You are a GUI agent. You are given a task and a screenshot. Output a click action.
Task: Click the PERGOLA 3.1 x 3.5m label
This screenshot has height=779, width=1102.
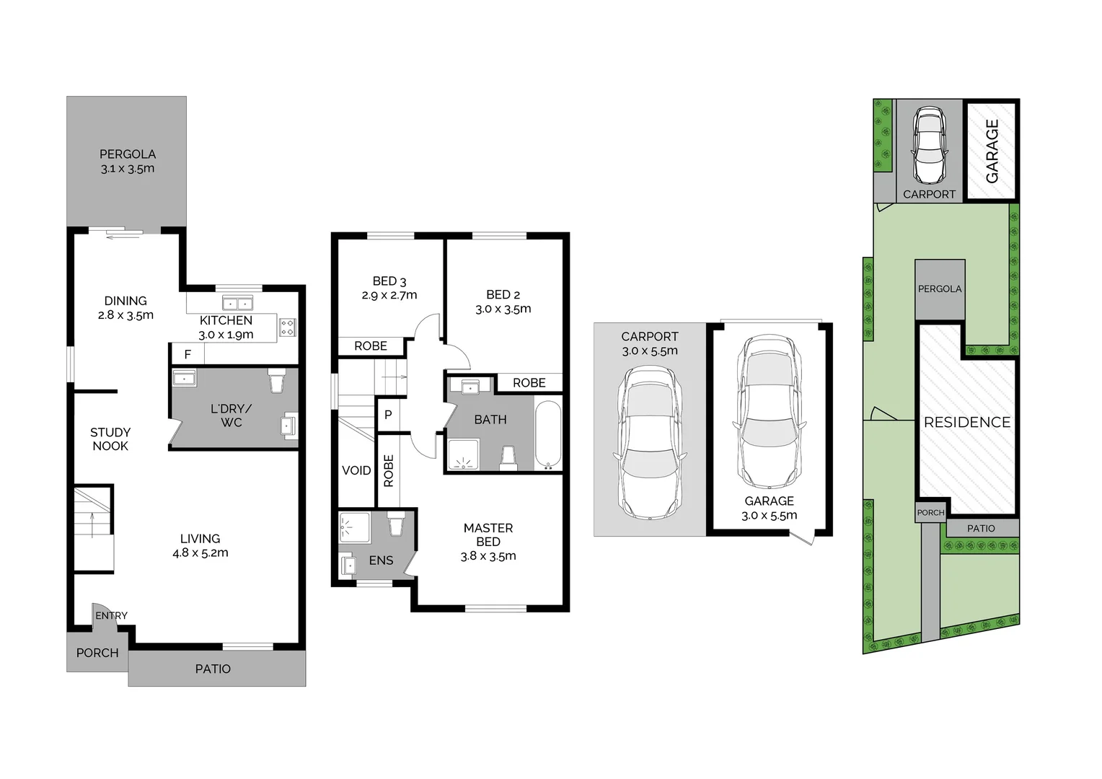point(127,162)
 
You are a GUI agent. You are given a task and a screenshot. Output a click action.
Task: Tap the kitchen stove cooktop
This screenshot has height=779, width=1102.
point(287,327)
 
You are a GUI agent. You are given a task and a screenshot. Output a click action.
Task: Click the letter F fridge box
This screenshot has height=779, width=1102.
point(188,354)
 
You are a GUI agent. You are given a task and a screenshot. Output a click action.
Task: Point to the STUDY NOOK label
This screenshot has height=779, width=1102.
point(110,439)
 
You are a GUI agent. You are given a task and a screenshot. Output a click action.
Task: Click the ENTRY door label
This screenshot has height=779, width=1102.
point(111,615)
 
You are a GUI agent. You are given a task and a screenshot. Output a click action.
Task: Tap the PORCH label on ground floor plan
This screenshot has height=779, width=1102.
point(97,653)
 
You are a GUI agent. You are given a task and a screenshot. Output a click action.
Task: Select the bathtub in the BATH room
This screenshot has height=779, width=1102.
point(547,435)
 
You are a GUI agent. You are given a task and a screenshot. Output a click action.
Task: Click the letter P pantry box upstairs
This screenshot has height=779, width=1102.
point(388,415)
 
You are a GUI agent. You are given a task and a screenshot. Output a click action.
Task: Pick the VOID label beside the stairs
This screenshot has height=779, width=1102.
point(356,470)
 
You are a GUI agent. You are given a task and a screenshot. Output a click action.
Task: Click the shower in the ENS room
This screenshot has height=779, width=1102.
point(354,527)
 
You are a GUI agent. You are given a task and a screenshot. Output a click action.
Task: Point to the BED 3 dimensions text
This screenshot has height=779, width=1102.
point(389,295)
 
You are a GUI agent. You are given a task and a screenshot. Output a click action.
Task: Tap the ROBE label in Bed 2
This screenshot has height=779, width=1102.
point(529,383)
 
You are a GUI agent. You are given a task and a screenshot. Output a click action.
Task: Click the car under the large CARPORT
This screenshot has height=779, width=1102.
point(648,443)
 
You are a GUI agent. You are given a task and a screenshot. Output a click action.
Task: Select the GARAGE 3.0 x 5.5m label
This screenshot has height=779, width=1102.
point(769,509)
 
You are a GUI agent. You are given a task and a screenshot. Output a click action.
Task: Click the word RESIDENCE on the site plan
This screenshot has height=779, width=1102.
point(967,423)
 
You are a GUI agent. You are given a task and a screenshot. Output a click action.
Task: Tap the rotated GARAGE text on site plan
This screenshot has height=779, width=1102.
point(992,151)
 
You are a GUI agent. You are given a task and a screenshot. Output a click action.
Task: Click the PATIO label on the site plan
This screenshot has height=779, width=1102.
point(981,529)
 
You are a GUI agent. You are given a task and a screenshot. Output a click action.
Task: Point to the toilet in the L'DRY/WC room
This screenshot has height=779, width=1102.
point(277,380)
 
